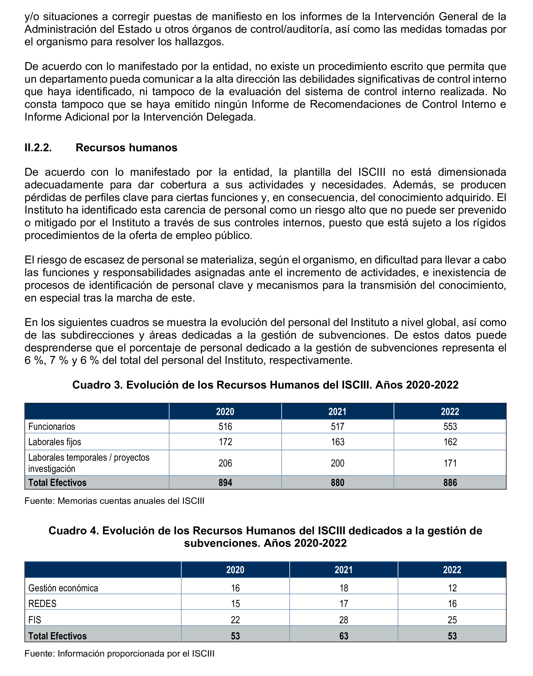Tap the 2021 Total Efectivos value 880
(x=337, y=482)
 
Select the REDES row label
(x=42, y=604)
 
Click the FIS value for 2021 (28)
(x=343, y=620)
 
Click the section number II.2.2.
(x=38, y=148)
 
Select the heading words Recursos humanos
(x=126, y=148)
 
